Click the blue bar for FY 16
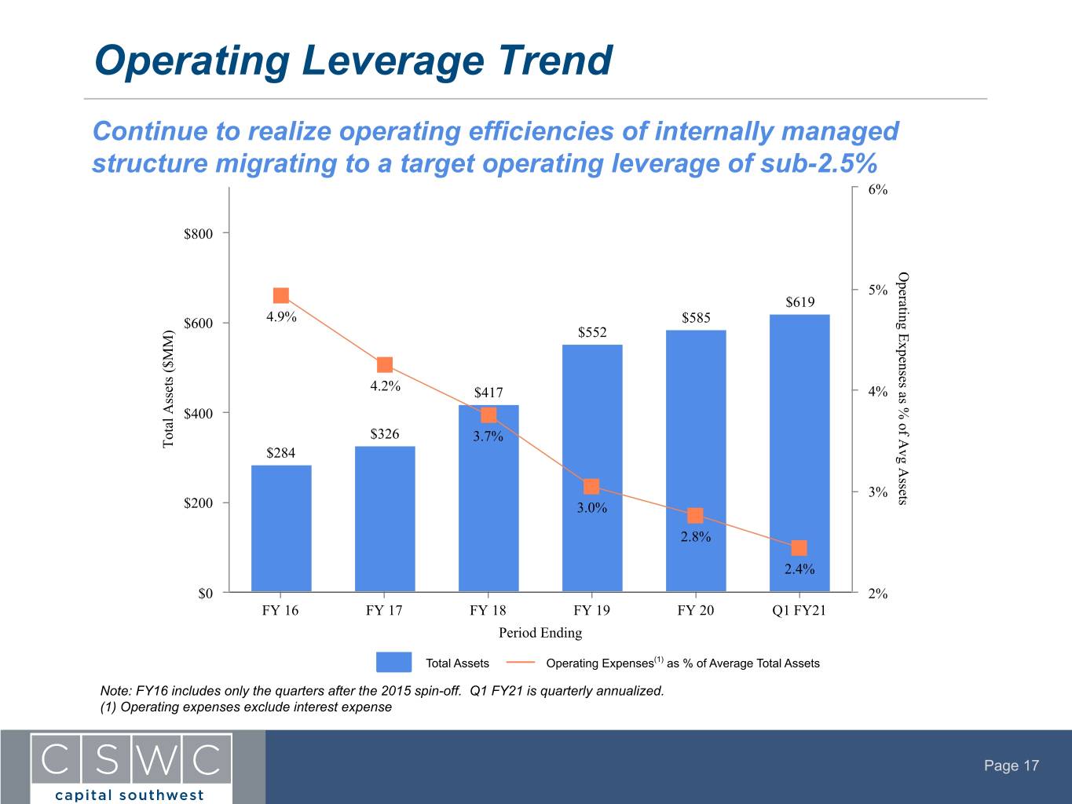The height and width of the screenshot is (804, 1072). (281, 528)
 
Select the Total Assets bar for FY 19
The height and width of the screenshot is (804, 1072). (592, 469)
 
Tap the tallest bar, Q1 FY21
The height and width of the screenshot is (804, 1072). (799, 454)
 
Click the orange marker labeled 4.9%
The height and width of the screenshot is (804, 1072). (281, 295)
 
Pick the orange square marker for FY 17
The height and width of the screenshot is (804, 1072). (385, 364)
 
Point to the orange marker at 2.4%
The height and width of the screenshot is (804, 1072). (799, 548)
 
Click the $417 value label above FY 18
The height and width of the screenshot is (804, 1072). (488, 393)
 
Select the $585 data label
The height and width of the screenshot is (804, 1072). (696, 318)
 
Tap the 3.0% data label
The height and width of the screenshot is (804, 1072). (592, 508)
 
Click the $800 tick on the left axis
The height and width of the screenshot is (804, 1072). (198, 234)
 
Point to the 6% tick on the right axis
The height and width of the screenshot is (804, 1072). (877, 189)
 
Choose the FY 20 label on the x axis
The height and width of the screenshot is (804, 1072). (696, 610)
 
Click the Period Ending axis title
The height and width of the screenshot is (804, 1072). (540, 633)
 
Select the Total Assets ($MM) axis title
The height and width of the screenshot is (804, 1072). (168, 389)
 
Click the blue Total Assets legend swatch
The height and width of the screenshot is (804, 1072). (393, 663)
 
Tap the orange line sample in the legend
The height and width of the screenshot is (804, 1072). (521, 663)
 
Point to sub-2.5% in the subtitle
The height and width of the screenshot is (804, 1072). (818, 163)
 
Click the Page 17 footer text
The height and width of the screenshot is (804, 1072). (1012, 766)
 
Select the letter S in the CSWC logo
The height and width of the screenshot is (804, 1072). (107, 759)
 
